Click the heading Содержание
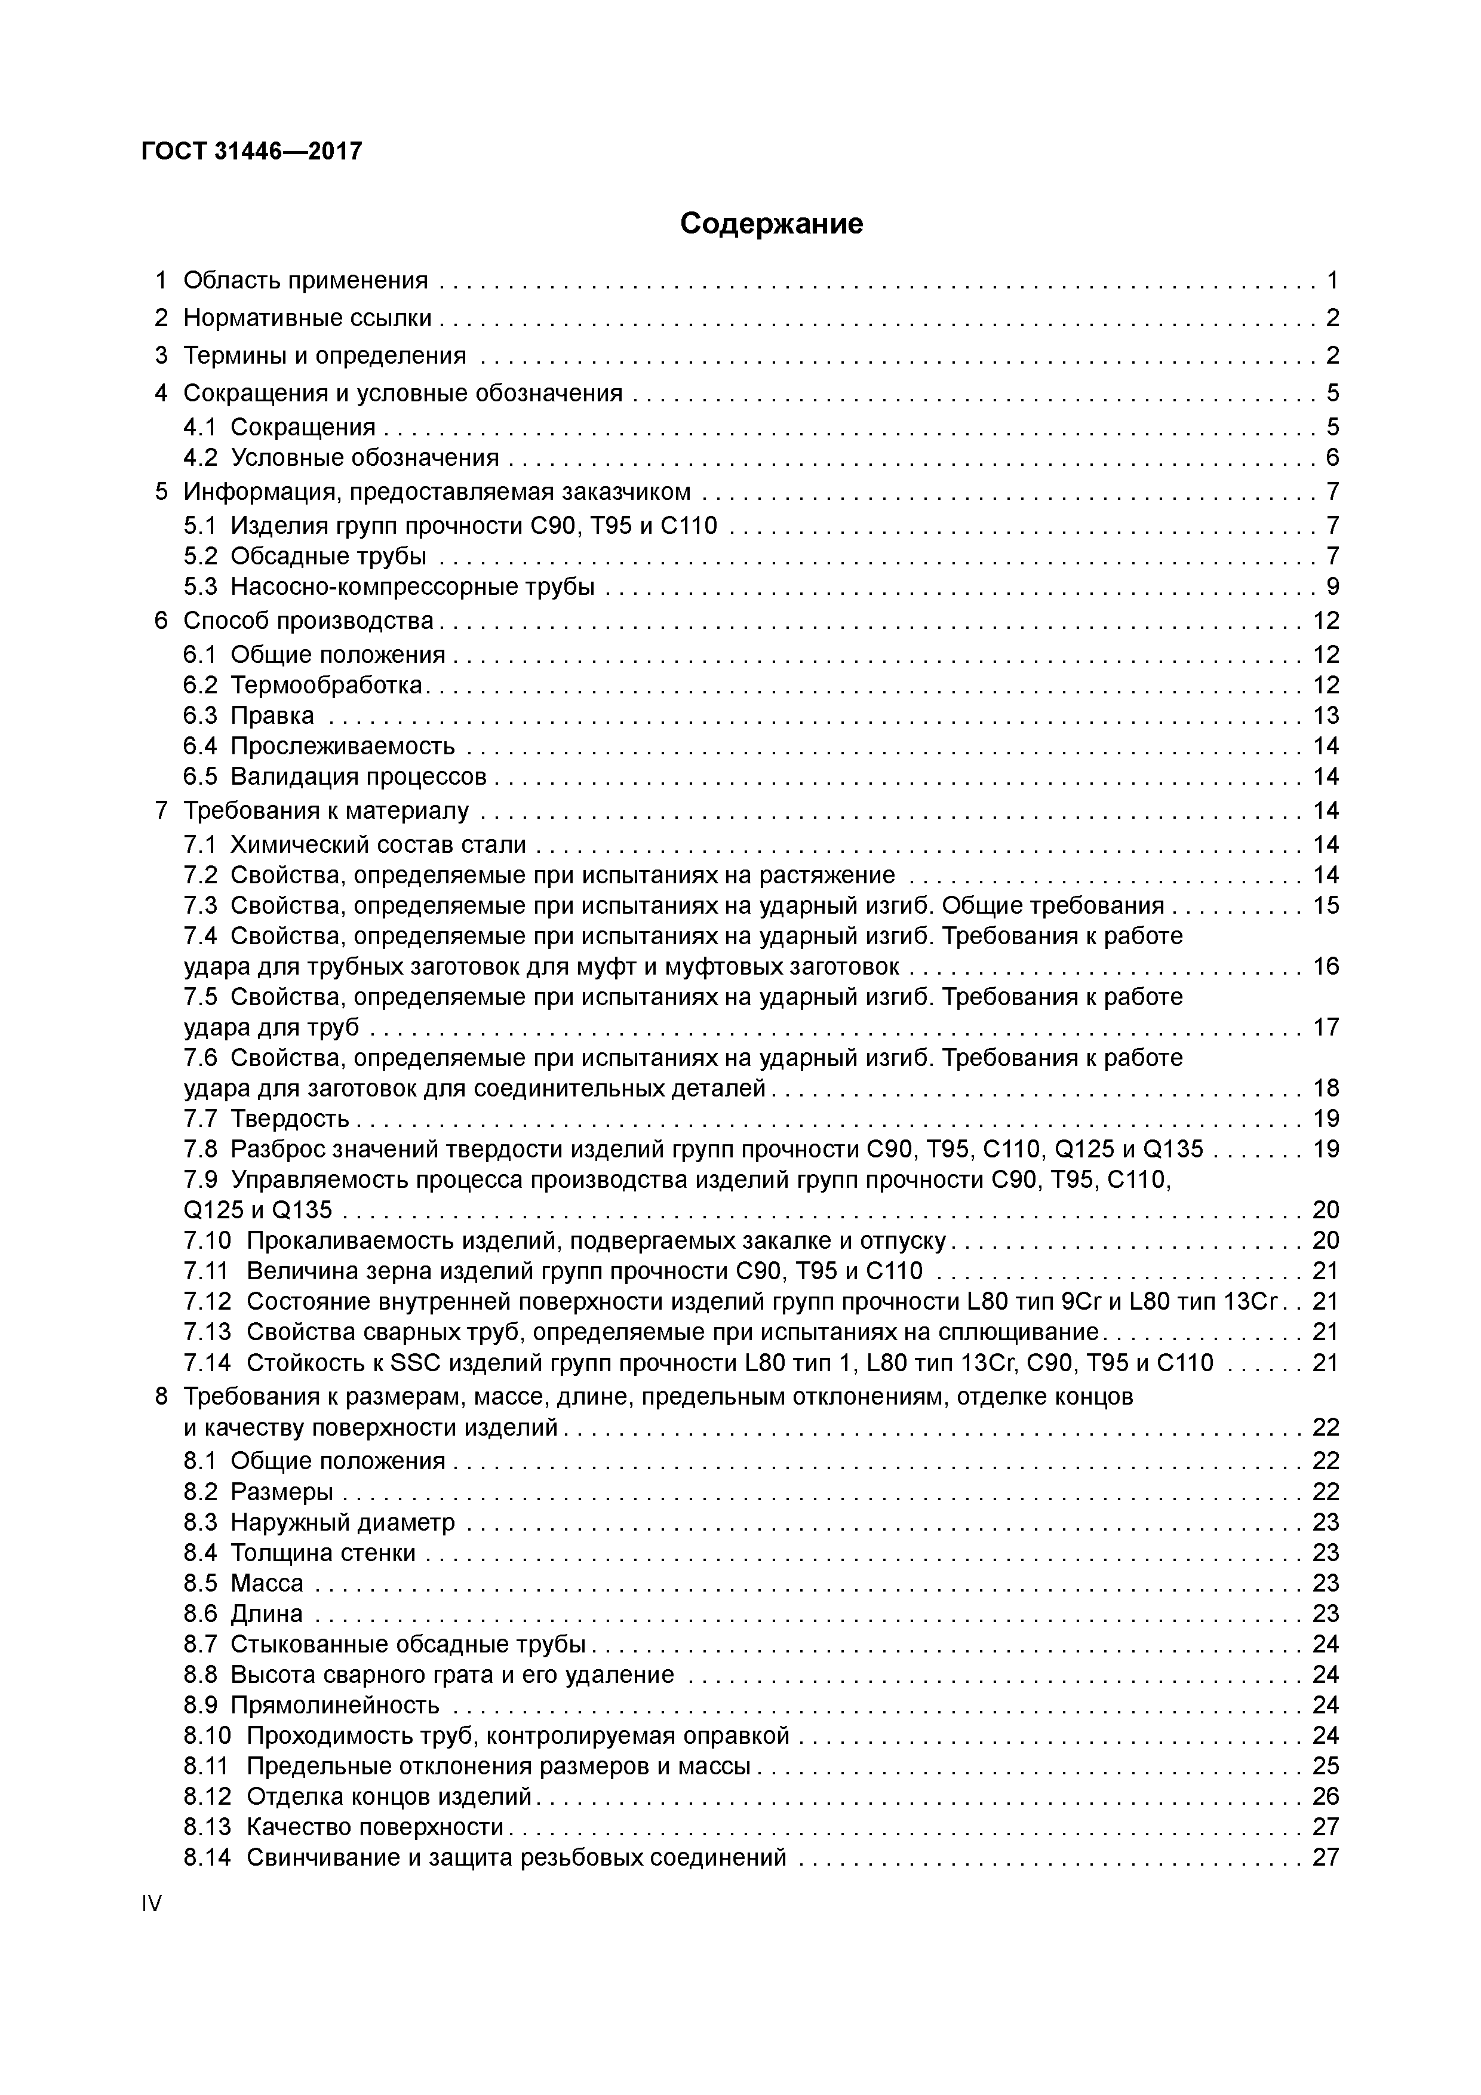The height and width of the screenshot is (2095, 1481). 771,223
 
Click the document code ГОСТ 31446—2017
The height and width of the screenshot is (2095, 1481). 252,150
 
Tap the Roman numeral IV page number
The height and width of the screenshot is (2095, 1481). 152,1903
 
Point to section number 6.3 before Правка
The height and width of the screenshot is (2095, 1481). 200,715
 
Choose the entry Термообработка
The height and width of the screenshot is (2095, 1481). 326,685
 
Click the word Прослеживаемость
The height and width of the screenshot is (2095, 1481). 342,747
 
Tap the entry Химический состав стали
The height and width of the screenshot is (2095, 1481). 378,845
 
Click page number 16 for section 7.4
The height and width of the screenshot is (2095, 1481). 1325,966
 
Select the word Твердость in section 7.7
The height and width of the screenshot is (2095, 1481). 289,1119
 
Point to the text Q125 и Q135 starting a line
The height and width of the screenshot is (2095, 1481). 258,1210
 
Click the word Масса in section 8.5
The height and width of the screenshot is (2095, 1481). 266,1583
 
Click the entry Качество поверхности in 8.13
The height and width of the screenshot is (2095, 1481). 375,1827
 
